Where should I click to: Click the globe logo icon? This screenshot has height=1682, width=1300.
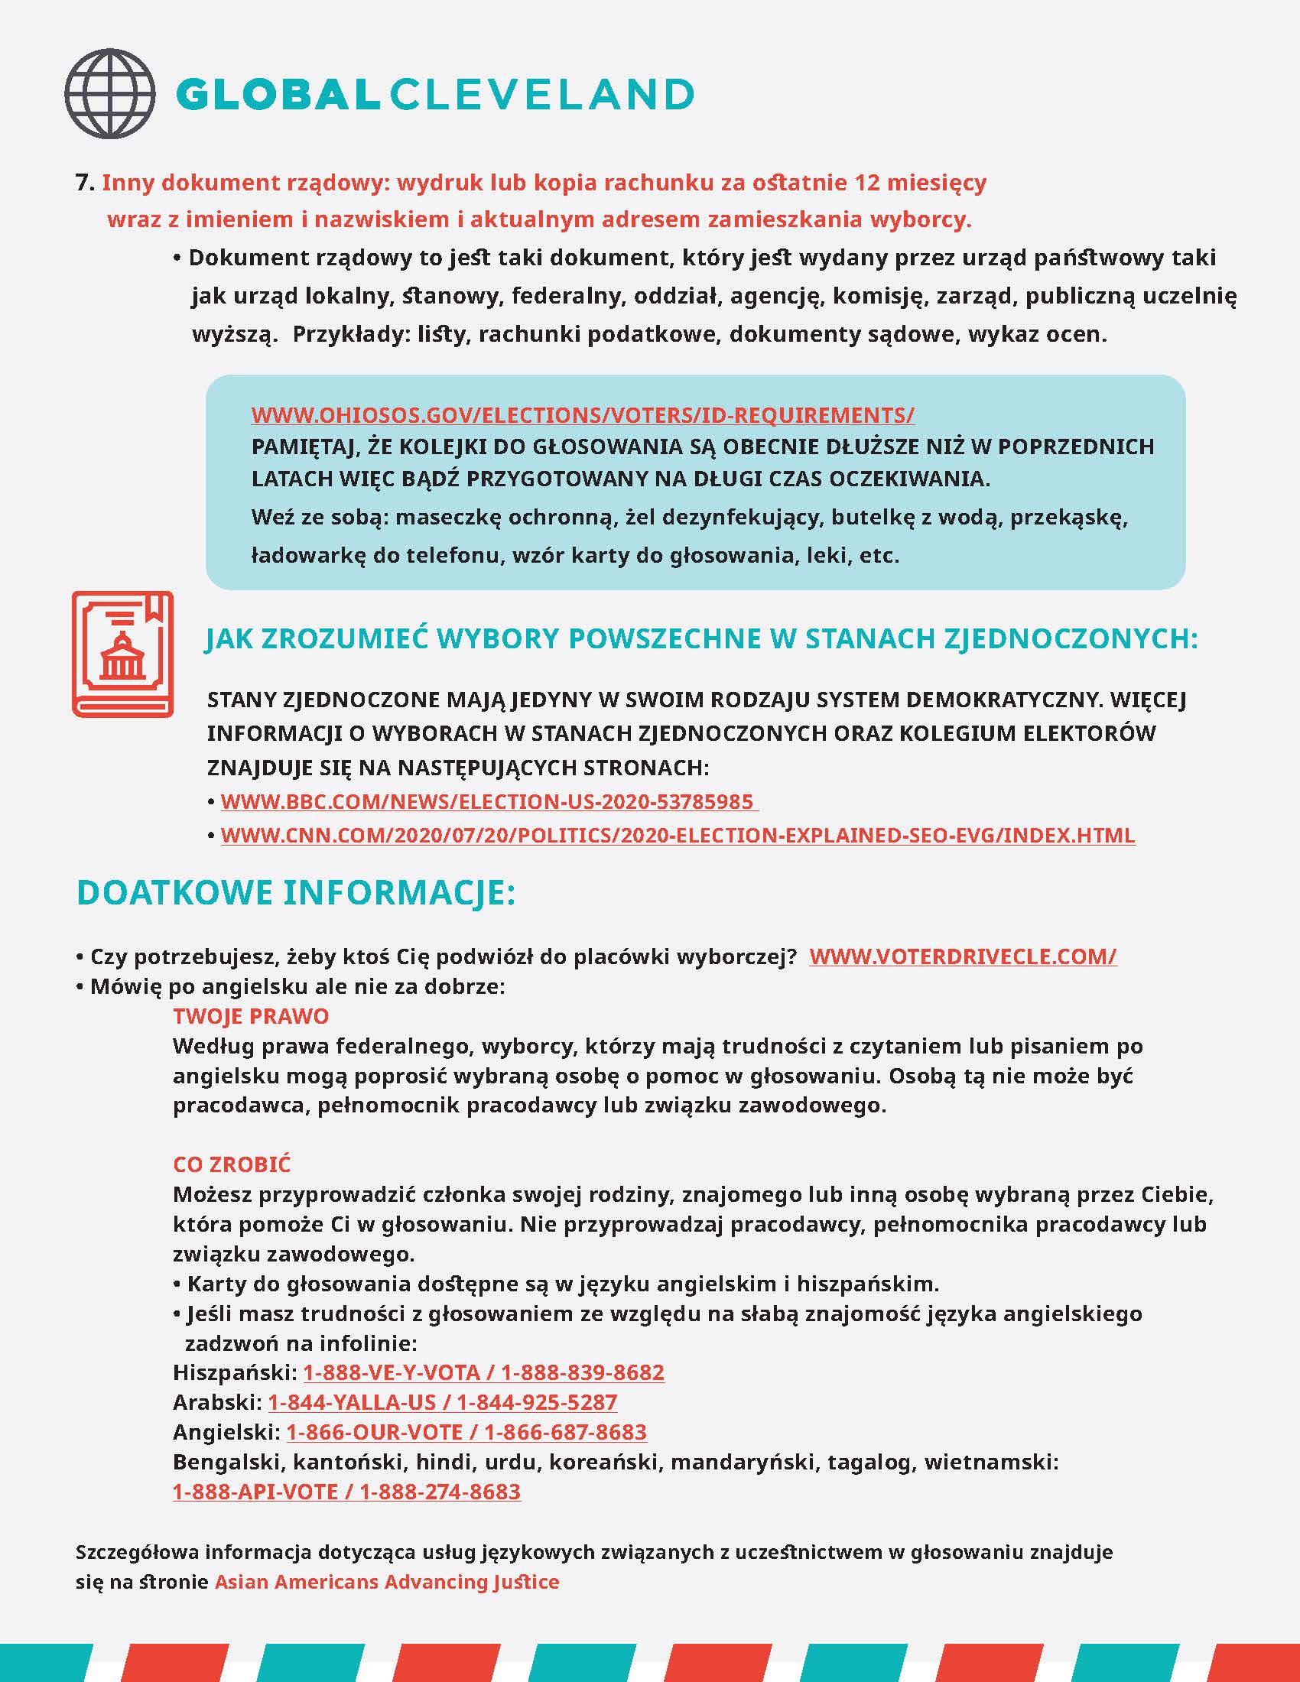coord(109,94)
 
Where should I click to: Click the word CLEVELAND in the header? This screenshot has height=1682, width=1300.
coord(541,95)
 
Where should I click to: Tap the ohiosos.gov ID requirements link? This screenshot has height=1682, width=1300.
coord(582,416)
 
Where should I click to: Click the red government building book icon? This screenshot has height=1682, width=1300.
coord(122,654)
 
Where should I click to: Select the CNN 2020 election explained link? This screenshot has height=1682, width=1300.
coord(677,836)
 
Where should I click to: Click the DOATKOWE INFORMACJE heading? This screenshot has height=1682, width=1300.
coord(296,892)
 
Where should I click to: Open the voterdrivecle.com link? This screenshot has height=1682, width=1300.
coord(962,956)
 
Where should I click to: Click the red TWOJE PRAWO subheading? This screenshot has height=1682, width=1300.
coord(250,1016)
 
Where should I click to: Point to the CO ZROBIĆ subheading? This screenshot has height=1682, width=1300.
coord(232,1164)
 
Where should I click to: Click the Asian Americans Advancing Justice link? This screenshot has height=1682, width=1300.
coord(387,1582)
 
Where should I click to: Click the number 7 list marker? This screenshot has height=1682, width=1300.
coord(84,183)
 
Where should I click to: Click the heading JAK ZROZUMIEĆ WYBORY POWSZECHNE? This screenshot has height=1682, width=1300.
coord(700,638)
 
